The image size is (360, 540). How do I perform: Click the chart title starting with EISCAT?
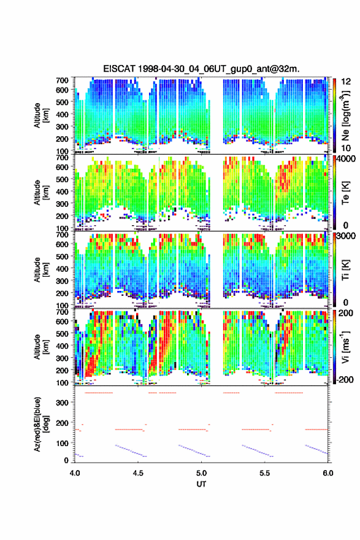point(201,69)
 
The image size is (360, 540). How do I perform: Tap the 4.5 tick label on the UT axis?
point(138,473)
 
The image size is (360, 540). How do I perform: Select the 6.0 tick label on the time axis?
point(328,473)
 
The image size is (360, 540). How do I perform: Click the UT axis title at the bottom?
point(201,484)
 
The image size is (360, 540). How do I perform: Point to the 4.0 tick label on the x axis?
point(75,473)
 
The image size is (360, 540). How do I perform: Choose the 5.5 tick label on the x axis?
point(265,473)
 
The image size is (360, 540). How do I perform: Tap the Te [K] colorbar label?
point(345,192)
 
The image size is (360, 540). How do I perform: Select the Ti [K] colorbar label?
point(345,269)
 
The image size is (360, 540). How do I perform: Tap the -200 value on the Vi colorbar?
point(346,379)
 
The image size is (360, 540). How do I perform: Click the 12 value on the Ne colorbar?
point(347,82)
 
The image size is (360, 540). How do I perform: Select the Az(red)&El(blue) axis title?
point(40,424)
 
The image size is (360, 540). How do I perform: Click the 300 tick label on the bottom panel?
point(61,403)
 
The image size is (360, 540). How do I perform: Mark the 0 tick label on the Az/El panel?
point(66,460)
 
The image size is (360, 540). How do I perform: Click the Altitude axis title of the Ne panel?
point(41,115)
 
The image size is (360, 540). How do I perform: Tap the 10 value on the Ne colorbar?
point(347,148)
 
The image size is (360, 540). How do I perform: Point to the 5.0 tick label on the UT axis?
point(201,473)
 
